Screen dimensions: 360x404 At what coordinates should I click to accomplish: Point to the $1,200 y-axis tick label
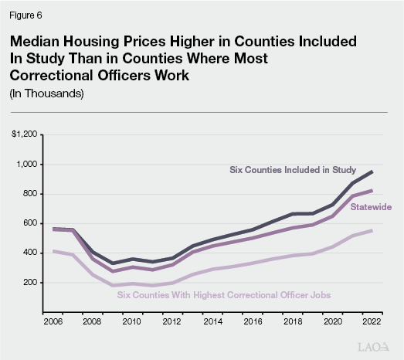[24, 134]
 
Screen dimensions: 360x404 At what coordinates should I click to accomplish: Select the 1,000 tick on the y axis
[26, 165]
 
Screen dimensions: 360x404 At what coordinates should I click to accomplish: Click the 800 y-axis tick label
[29, 194]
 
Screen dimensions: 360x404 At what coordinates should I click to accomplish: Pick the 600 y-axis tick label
[29, 223]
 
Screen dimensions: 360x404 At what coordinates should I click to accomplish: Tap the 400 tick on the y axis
[29, 253]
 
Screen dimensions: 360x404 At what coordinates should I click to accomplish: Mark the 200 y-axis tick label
[29, 283]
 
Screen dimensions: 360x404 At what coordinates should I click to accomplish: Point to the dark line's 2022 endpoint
[372, 172]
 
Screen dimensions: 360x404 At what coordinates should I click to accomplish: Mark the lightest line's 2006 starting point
[53, 251]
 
